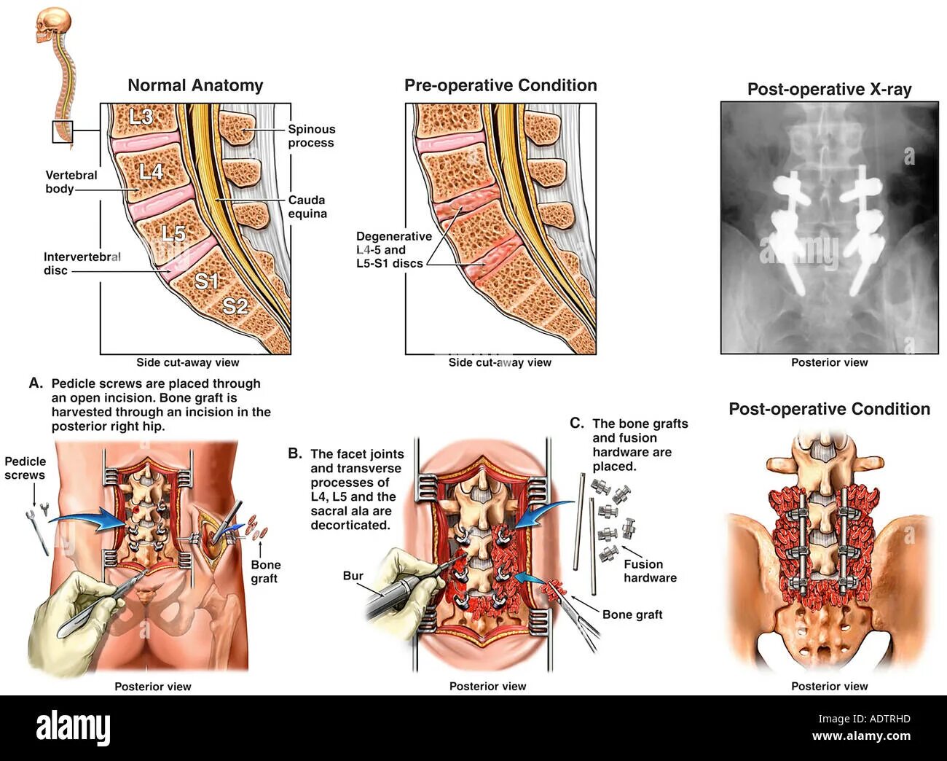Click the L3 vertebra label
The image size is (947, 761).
(141, 116)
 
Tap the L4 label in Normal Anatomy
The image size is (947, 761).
(152, 171)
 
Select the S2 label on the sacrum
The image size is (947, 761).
(235, 306)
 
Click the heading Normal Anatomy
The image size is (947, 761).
(195, 85)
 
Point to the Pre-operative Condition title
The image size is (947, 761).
(500, 85)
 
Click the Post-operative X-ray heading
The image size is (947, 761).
(829, 90)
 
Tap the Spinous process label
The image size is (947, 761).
(311, 136)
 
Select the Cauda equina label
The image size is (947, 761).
(307, 206)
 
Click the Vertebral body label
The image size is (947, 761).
(71, 182)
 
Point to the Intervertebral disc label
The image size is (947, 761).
(82, 263)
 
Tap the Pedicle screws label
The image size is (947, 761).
(25, 468)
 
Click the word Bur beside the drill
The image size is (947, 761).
(353, 576)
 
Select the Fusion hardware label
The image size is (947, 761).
(650, 571)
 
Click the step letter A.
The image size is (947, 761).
(36, 383)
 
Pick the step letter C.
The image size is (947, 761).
(576, 424)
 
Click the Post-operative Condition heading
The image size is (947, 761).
(829, 409)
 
